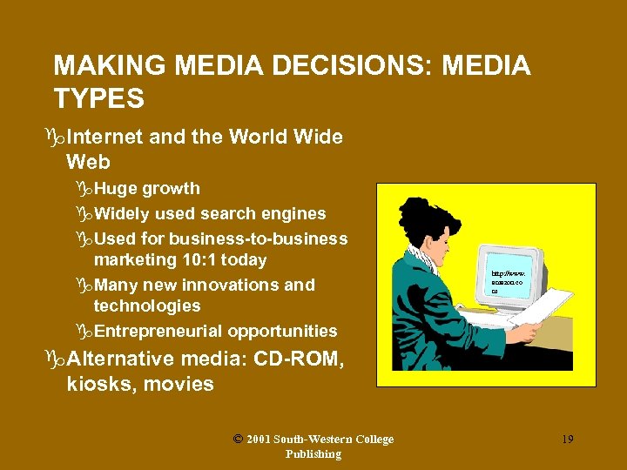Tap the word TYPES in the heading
click(98, 99)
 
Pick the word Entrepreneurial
click(158, 331)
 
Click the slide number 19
click(567, 440)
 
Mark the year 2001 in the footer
click(258, 440)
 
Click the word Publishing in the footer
click(313, 454)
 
